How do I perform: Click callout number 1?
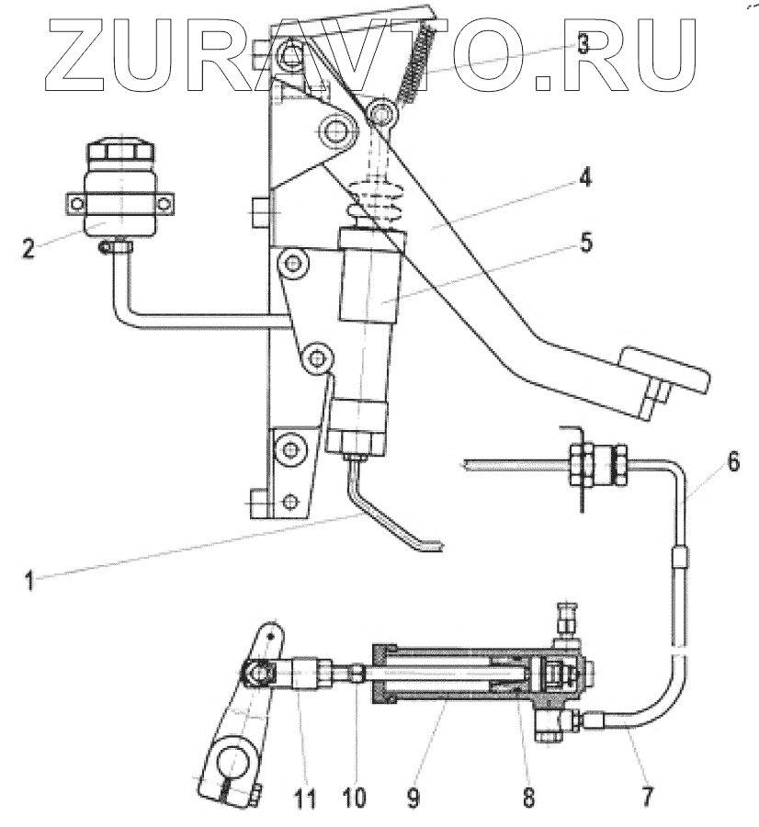tap(29, 581)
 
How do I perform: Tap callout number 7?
tap(648, 796)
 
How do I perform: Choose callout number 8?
tap(528, 796)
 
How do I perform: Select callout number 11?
tap(306, 796)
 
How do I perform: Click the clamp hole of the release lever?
tap(231, 765)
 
